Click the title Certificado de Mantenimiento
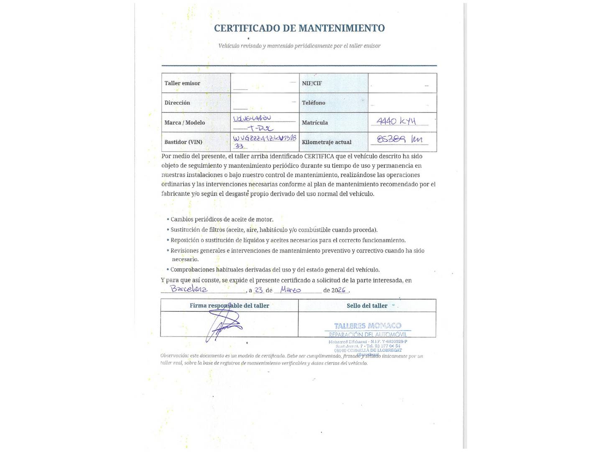299,28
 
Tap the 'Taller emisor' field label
182,83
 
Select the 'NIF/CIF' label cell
312,83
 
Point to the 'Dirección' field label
177,103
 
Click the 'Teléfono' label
314,103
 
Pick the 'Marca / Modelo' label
185,123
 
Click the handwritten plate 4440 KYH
396,121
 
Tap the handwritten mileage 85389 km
400,139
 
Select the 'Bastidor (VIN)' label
184,142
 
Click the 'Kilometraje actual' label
327,142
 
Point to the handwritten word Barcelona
189,289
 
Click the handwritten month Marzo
291,290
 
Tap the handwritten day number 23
259,290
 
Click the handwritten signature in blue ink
224,327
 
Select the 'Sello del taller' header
367,306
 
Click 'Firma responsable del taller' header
230,306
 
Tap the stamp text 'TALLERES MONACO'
368,326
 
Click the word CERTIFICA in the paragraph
319,157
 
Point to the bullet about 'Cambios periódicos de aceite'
222,220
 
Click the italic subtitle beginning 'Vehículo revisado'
299,46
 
